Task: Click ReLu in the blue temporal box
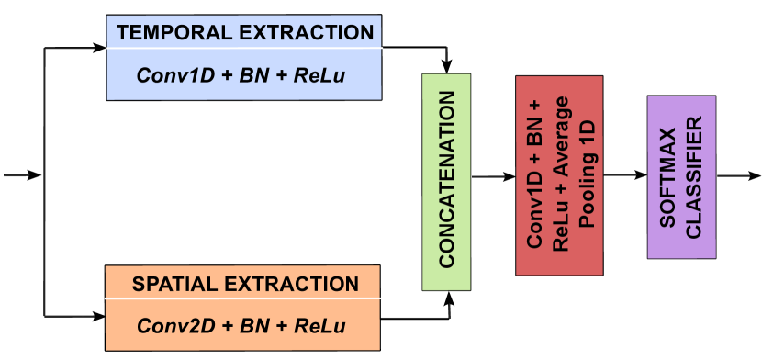pos(319,74)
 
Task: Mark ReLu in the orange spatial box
pos(319,326)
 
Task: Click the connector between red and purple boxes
pos(624,175)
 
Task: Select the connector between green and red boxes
pos(492,175)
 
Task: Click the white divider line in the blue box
pos(243,48)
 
